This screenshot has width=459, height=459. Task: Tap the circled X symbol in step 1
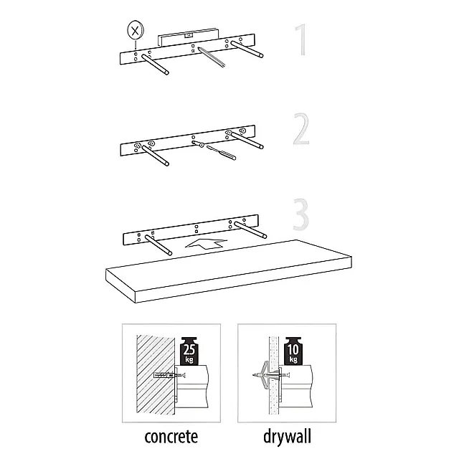pos(134,31)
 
